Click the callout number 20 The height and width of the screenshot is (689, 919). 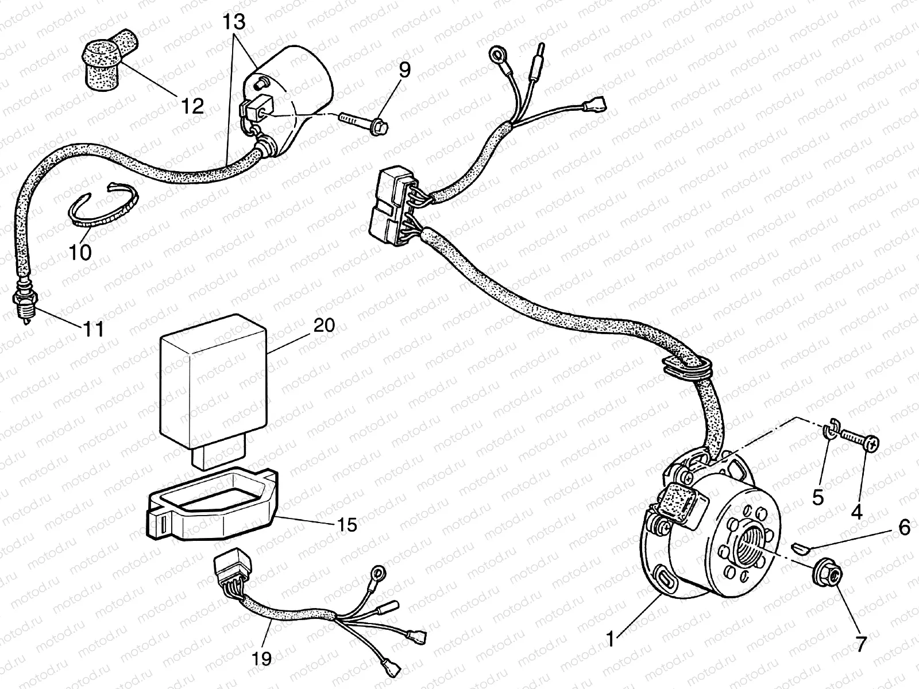(325, 325)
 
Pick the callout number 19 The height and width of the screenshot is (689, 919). (262, 658)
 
